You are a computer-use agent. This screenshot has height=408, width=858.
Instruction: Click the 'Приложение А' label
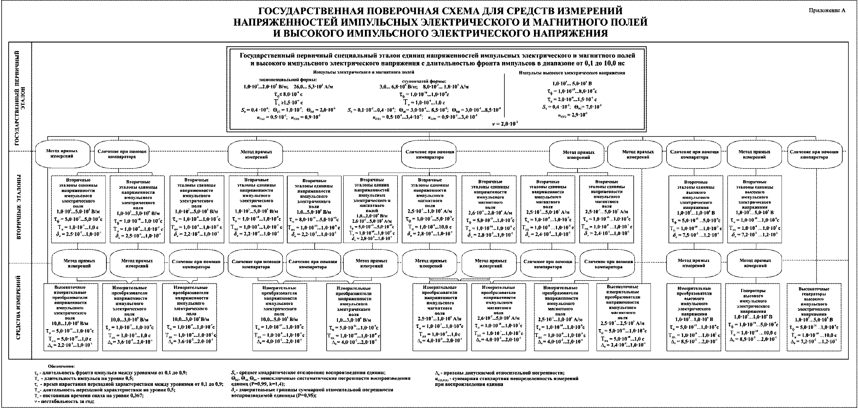827,10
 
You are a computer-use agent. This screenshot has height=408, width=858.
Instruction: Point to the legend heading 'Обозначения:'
61,366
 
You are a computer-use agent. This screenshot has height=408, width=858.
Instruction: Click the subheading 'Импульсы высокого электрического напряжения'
572,73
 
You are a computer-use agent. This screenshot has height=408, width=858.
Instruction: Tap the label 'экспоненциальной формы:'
288,80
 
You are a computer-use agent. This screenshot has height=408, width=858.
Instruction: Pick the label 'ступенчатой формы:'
424,81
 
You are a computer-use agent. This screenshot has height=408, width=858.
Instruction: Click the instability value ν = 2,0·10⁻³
505,123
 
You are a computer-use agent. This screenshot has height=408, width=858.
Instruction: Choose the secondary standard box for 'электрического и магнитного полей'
370,209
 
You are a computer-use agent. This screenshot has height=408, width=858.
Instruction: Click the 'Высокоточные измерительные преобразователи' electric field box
71,317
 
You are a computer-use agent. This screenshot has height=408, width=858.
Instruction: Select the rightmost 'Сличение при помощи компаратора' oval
814,155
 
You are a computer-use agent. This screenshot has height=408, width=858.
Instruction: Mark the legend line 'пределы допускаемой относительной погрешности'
500,373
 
